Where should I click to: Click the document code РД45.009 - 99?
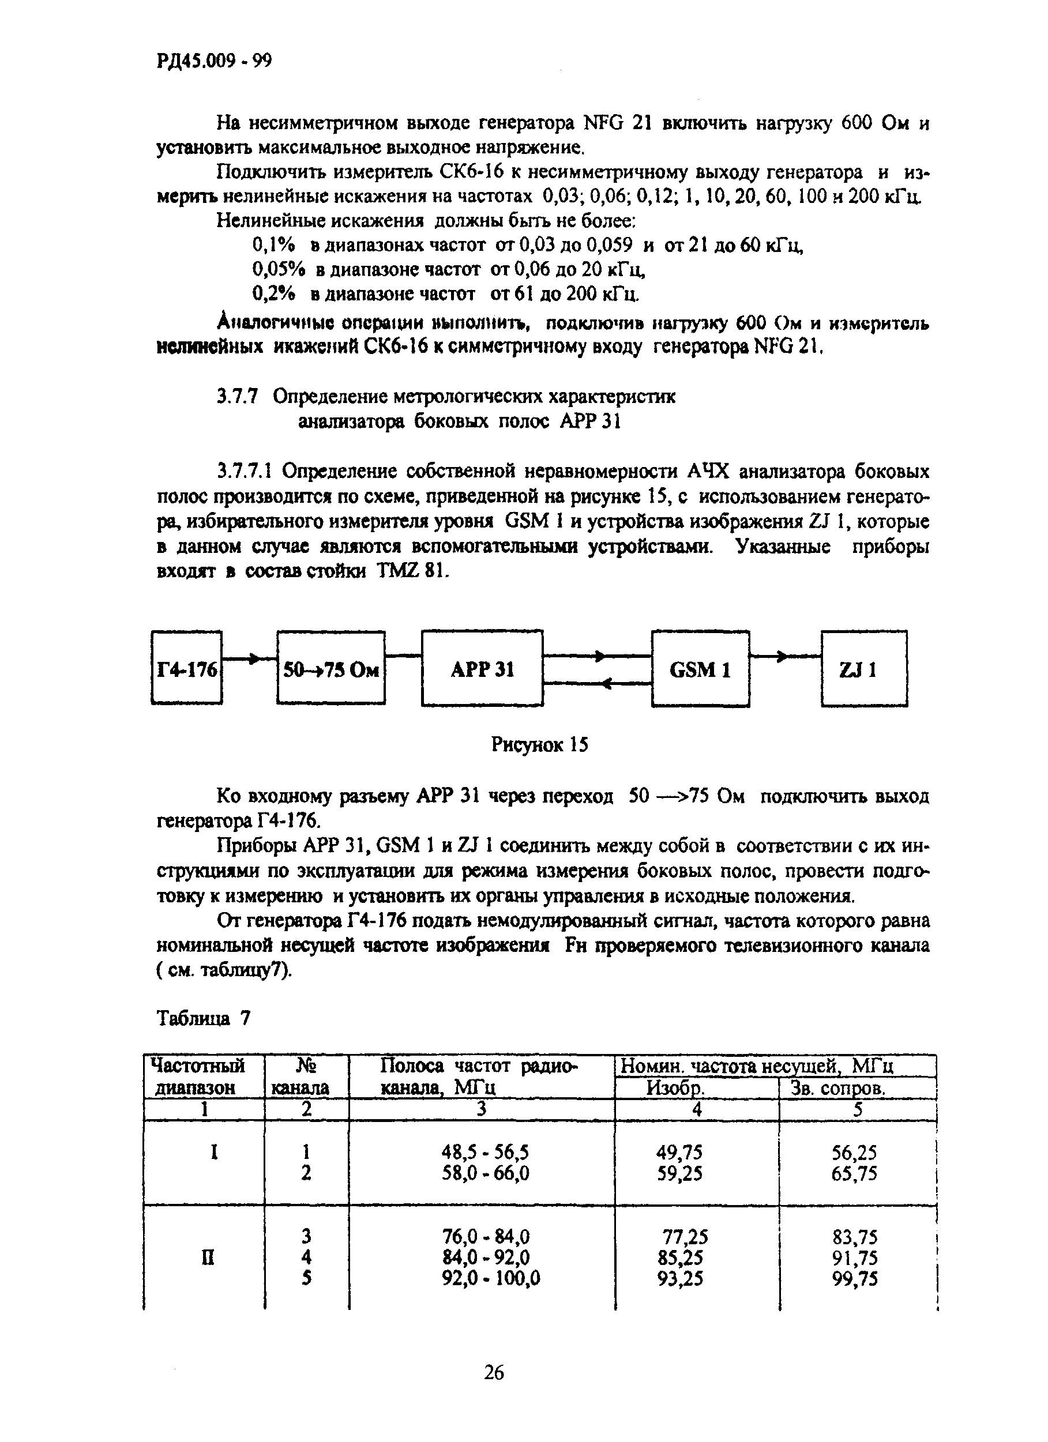[x=213, y=61]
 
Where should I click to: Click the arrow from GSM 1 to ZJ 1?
[x=785, y=656]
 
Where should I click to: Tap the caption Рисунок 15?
[x=540, y=744]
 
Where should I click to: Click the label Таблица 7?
[x=204, y=1019]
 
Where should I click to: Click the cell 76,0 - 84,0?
[x=486, y=1237]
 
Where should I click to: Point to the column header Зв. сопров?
[x=837, y=1089]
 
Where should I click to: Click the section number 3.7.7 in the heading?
[x=237, y=397]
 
